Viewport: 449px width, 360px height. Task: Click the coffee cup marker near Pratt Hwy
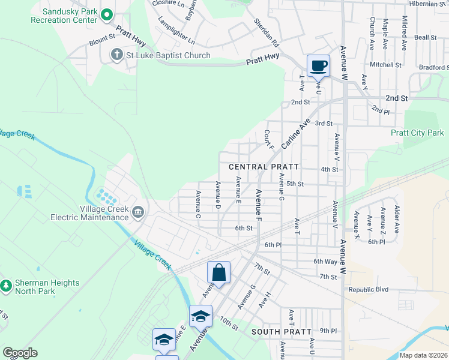(318, 65)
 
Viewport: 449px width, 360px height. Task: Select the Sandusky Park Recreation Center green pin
(107, 14)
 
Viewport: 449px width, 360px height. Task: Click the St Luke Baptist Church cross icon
(116, 56)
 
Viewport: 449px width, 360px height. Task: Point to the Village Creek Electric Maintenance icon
(138, 211)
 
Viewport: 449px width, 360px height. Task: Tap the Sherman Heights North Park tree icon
(6, 285)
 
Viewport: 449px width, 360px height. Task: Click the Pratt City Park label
(417, 133)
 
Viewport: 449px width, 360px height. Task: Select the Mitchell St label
(385, 64)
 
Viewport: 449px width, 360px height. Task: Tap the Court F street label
(269, 140)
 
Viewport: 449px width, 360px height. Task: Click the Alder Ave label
(397, 219)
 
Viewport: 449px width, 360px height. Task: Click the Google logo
(20, 353)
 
